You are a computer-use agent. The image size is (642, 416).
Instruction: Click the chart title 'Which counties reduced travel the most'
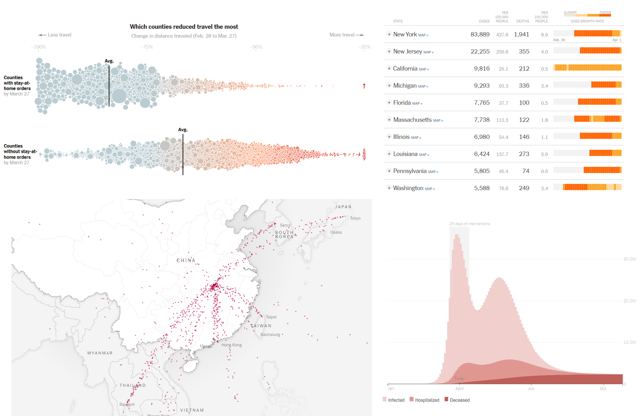[x=184, y=27]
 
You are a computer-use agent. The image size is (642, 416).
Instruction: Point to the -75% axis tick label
[x=147, y=47]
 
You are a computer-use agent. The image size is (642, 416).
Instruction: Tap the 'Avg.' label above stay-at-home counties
[x=109, y=61]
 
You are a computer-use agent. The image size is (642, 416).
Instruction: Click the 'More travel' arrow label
[x=346, y=35]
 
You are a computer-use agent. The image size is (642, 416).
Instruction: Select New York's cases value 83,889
[x=480, y=35]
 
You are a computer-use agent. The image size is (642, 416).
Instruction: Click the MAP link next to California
[x=424, y=69]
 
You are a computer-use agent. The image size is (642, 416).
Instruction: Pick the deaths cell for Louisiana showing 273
[x=524, y=154]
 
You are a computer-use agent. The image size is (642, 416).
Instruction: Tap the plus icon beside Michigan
[x=389, y=85]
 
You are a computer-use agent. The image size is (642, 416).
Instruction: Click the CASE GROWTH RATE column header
[x=587, y=21]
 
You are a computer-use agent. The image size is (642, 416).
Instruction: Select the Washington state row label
[x=408, y=188]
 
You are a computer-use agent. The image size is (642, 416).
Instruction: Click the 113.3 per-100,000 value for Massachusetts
[x=502, y=120]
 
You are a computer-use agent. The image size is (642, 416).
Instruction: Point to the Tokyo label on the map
[x=355, y=218]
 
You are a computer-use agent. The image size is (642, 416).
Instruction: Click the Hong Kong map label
[x=231, y=345]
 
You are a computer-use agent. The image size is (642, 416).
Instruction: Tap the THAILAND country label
[x=133, y=385]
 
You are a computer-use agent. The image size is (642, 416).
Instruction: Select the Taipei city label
[x=271, y=317]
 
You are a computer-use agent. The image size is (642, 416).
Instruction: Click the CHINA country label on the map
[x=186, y=260]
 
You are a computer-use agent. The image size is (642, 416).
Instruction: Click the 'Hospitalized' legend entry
[x=427, y=400]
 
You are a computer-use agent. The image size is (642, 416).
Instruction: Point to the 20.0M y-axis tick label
[x=629, y=301]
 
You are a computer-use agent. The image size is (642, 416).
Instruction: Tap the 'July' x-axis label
[x=531, y=389]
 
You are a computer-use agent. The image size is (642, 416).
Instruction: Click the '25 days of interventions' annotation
[x=469, y=224]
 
